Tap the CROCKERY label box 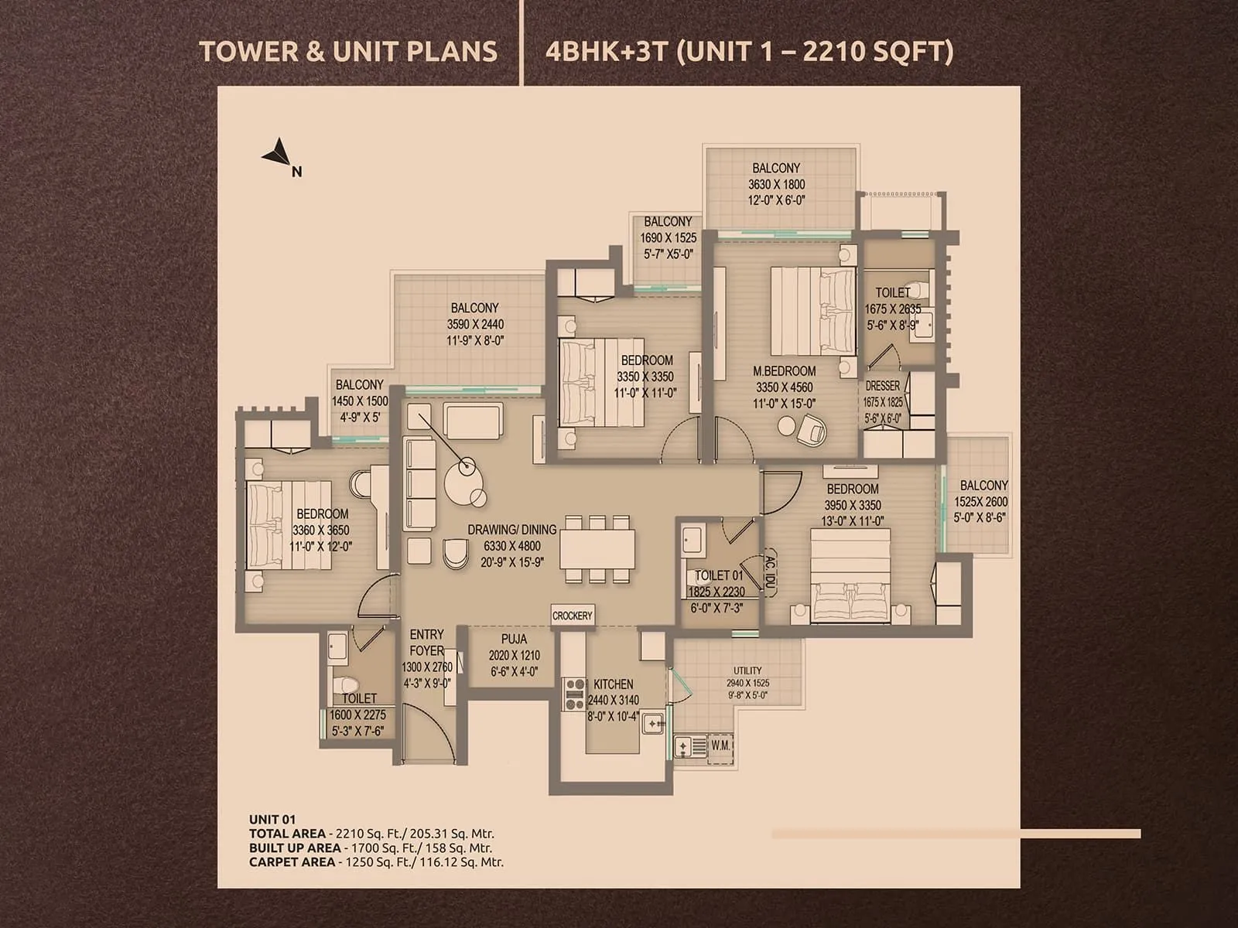[x=573, y=616]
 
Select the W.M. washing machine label [x=720, y=745]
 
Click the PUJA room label [x=514, y=639]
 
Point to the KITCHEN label [x=613, y=684]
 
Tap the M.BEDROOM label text [x=785, y=371]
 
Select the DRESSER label [x=883, y=385]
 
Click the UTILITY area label [x=747, y=670]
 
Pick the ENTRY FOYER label [x=427, y=642]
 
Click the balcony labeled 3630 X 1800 [x=776, y=184]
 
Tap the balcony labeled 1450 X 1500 [x=360, y=401]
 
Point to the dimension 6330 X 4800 [x=512, y=546]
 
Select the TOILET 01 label [x=719, y=575]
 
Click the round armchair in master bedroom [x=811, y=431]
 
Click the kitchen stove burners [x=573, y=694]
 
